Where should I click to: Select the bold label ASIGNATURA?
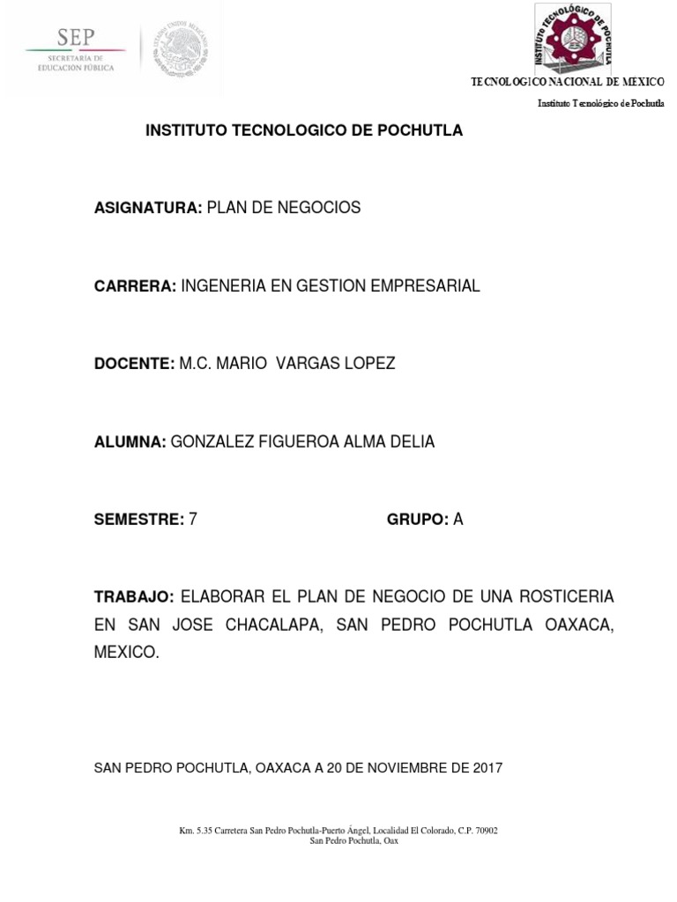(148, 208)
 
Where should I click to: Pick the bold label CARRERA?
(136, 285)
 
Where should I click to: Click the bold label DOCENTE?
(135, 364)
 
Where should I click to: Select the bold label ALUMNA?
(130, 442)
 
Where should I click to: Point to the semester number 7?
(193, 520)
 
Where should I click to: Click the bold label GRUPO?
(418, 520)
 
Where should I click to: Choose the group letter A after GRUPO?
(458, 520)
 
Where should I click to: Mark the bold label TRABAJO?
(137, 597)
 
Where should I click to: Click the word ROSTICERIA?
(568, 597)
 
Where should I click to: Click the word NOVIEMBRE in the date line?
(400, 767)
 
